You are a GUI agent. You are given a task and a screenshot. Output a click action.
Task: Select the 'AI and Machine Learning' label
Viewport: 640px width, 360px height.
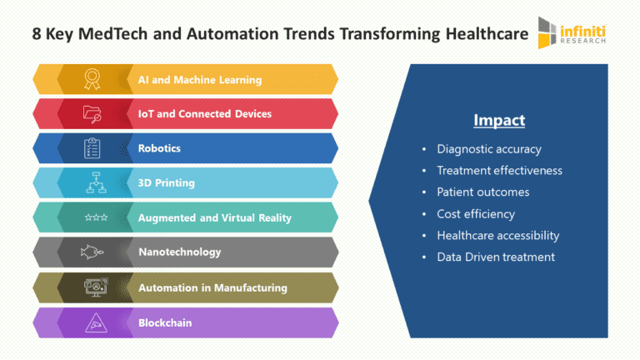tap(200, 80)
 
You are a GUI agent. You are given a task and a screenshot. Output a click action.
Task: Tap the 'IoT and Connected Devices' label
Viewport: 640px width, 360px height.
tap(205, 114)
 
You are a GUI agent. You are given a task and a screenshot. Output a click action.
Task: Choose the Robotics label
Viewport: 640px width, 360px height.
tap(159, 148)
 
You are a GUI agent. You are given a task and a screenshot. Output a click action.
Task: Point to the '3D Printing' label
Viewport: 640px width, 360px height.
tap(166, 183)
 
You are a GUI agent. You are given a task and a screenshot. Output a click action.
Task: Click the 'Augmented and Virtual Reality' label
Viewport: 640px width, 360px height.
tap(215, 218)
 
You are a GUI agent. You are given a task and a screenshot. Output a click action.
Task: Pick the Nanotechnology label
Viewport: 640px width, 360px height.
tap(179, 252)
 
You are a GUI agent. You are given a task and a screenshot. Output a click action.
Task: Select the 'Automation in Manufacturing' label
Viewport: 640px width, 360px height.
tap(212, 287)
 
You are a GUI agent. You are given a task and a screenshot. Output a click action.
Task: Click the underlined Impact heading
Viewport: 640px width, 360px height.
tap(499, 121)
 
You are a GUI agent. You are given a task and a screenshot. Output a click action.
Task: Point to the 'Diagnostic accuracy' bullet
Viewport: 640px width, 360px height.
tap(488, 149)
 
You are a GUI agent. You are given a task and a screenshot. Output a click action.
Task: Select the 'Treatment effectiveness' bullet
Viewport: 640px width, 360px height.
tap(499, 171)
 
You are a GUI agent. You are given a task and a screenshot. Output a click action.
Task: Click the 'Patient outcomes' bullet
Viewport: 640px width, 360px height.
tap(482, 192)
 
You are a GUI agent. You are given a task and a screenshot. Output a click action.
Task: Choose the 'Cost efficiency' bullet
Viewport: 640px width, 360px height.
tap(476, 214)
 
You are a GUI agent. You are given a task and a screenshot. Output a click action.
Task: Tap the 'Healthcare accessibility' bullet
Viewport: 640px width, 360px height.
tap(497, 236)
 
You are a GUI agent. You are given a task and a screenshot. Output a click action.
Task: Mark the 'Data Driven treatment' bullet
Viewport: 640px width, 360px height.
tap(495, 257)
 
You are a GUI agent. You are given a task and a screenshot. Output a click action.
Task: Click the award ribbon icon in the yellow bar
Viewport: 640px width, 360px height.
tap(92, 79)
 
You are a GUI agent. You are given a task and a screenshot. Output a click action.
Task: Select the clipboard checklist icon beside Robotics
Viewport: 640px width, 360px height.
tap(92, 148)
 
